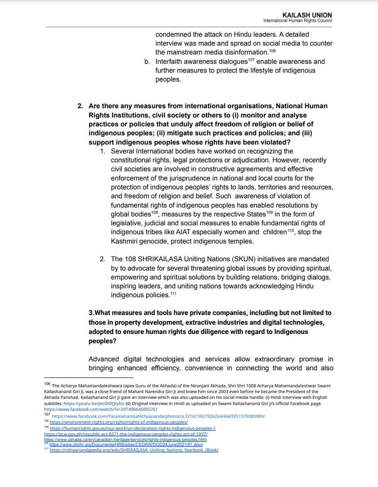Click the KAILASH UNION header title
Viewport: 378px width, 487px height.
[307, 15]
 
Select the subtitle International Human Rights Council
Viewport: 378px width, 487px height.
[297, 20]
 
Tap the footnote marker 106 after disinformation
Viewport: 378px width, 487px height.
[272, 51]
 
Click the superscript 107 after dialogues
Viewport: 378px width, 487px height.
[251, 60]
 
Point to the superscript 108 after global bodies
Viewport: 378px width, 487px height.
[155, 213]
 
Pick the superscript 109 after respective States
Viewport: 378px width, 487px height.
[269, 213]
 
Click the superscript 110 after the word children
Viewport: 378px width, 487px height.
[290, 231]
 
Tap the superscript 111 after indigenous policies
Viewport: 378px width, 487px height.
[173, 294]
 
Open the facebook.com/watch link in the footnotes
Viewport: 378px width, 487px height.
[101, 409]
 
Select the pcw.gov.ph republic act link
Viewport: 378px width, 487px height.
[126, 434]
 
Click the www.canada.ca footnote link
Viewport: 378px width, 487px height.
[125, 439]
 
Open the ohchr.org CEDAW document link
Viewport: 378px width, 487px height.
[126, 444]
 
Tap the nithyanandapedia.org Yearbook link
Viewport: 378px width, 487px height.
[134, 450]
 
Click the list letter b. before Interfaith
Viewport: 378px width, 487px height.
[147, 61]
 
